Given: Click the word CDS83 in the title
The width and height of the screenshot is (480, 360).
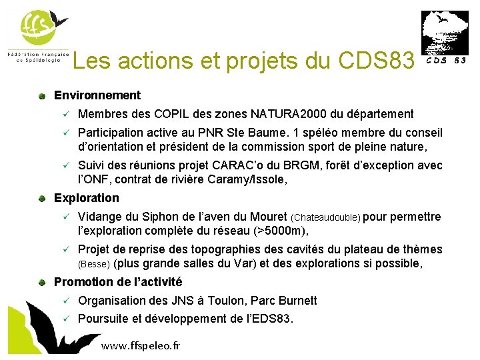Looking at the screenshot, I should (377, 61).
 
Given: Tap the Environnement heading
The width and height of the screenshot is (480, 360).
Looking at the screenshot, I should (97, 95).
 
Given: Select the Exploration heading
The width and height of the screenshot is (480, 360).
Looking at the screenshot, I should (87, 198).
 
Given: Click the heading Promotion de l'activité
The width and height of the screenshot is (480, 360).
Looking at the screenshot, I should (118, 282).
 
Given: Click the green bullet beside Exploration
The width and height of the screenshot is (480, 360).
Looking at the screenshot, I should (41, 198).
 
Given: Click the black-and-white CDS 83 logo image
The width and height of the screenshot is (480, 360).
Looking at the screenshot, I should (440, 33).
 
